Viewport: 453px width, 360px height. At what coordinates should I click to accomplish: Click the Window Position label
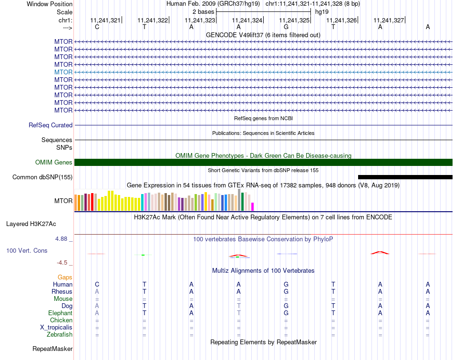point(50,4)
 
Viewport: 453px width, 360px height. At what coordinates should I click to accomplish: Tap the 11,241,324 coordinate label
point(247,20)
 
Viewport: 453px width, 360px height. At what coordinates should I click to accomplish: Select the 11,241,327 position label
point(389,20)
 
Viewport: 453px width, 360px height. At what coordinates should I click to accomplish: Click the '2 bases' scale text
point(203,11)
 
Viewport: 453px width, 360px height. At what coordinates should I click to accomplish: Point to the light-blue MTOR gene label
point(63,72)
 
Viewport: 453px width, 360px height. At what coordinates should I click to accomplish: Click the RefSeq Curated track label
point(51,125)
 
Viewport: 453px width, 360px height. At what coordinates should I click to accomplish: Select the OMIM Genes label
point(54,163)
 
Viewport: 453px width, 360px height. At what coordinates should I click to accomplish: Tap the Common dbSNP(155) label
point(42,177)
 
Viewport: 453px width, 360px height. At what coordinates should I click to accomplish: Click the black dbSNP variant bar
point(405,177)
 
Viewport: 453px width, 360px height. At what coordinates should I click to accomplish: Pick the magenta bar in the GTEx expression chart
point(253,206)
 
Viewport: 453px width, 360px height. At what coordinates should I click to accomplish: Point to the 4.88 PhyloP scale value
point(64,239)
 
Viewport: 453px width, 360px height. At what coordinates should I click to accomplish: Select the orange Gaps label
point(65,277)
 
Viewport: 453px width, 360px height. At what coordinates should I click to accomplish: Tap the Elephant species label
point(60,313)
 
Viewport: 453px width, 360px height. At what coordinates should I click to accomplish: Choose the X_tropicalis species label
point(56,328)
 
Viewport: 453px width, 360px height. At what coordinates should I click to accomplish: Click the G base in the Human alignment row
point(286,284)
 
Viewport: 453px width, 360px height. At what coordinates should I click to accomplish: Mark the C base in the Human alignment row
point(97,284)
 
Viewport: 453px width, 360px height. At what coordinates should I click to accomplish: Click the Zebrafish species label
point(59,335)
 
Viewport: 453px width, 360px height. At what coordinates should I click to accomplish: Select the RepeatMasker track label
point(52,349)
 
